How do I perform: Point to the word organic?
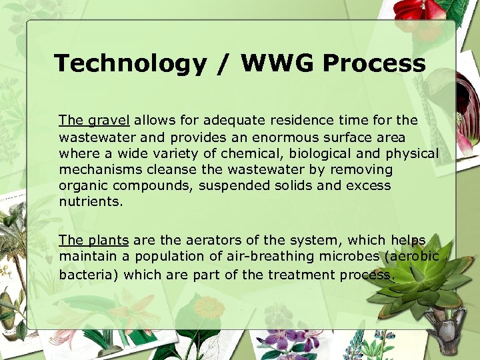pos(80,186)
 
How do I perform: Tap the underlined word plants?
pos(108,241)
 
